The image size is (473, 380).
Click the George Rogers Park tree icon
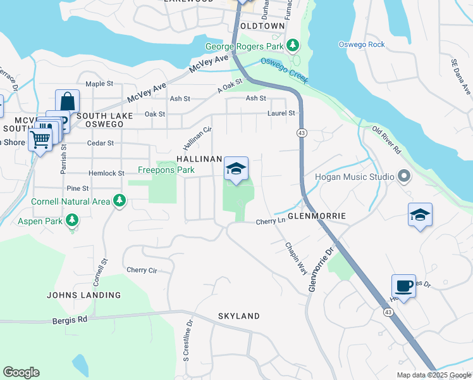pos(292,45)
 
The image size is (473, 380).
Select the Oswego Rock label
pos(361,44)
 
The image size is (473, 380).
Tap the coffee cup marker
pos(403,286)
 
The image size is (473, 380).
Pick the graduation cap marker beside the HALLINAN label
pos(236,169)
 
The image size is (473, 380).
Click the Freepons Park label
pos(166,170)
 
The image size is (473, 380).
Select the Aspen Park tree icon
pos(73,219)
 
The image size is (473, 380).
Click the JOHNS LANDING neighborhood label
pos(83,295)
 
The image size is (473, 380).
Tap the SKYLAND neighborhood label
pos(239,316)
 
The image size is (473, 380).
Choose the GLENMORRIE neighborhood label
pos(317,216)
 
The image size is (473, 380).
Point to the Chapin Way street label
pos(296,258)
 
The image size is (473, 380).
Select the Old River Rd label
pos(386,141)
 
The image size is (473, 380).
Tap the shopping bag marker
pos(68,102)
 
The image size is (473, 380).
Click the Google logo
pos(21,372)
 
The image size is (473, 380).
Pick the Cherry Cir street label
pos(142,270)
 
